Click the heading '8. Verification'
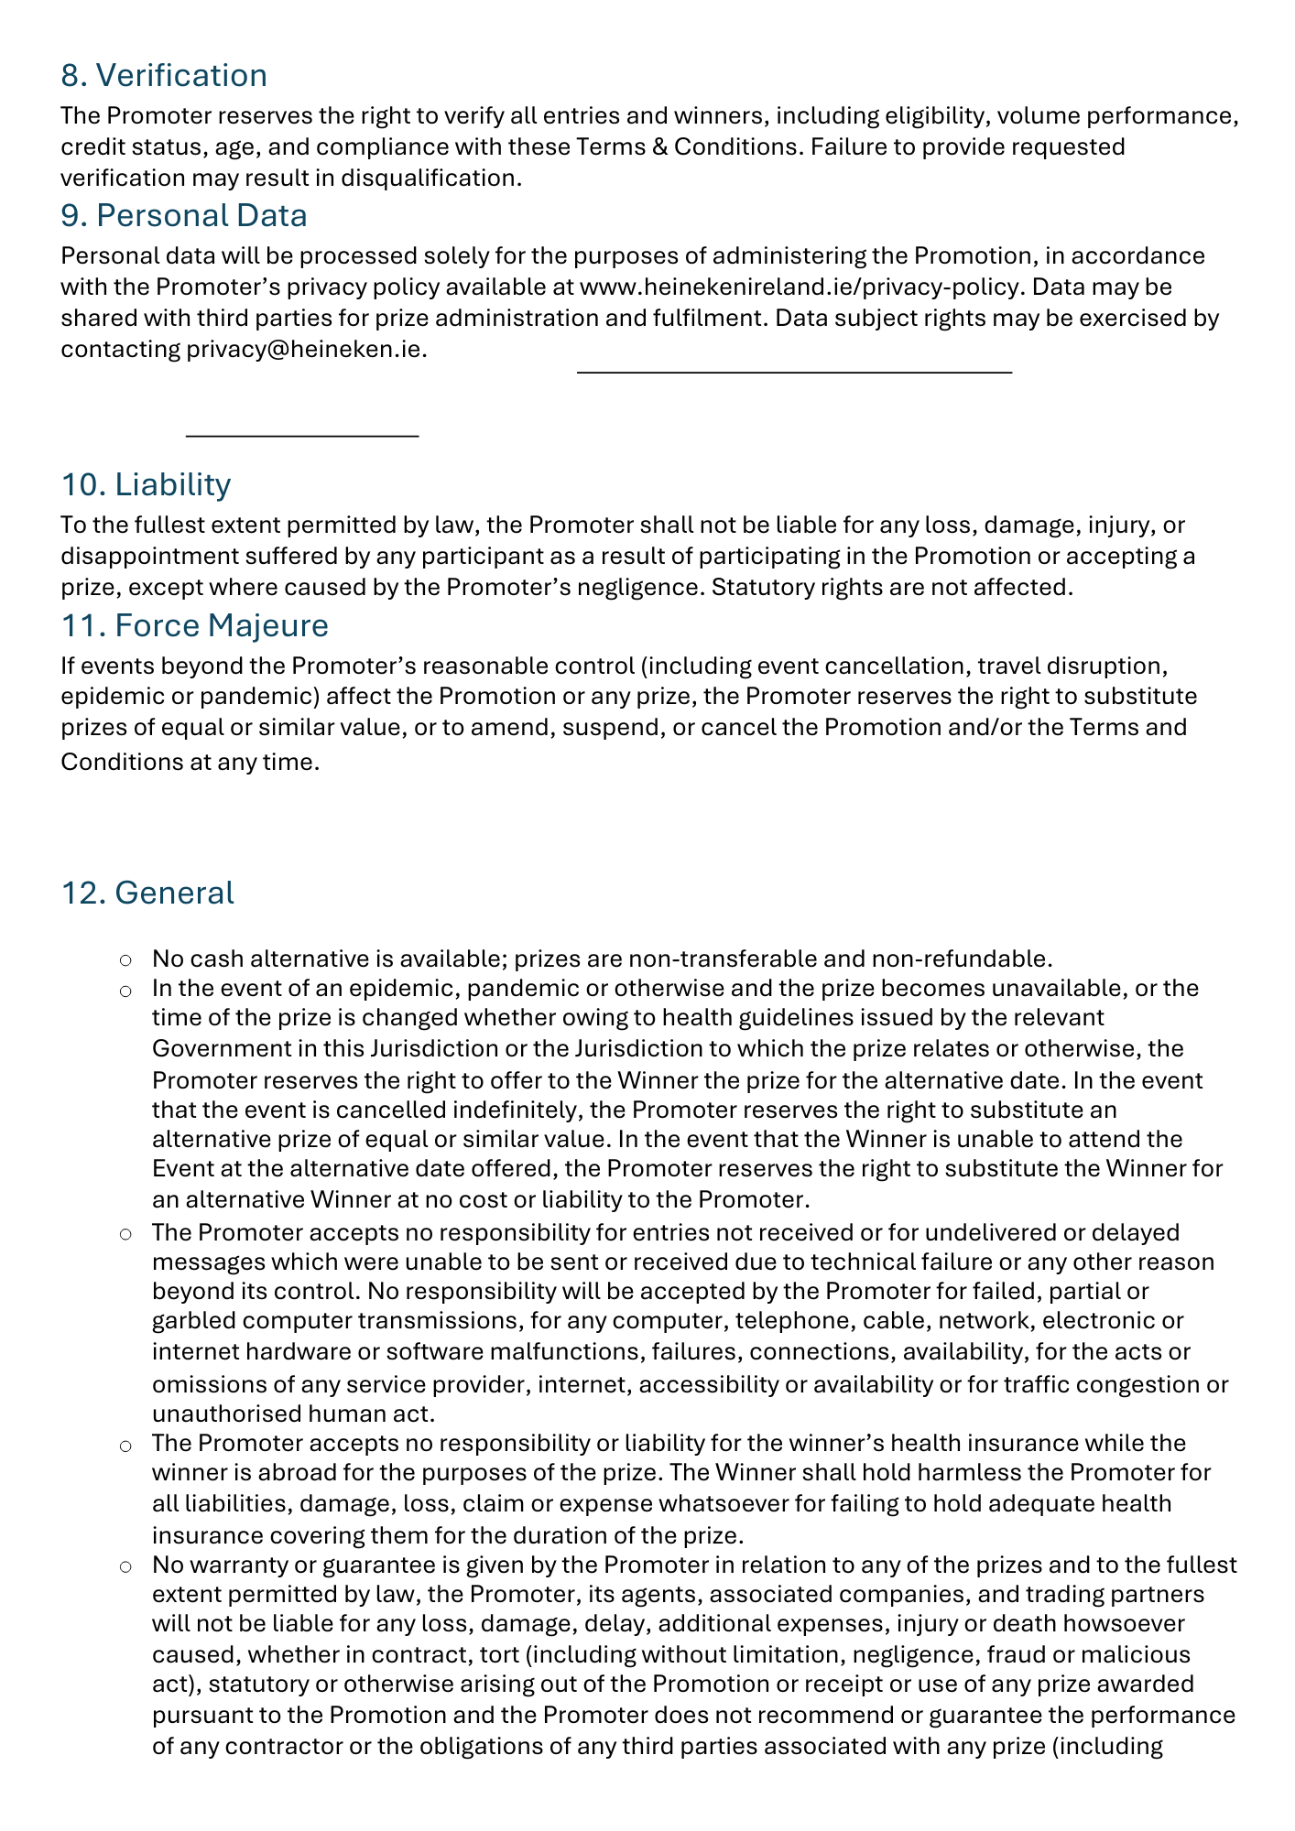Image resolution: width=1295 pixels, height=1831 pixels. pos(164,75)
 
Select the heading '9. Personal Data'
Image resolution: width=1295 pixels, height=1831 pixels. pos(183,215)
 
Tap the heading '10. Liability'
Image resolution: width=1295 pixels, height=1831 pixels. pos(146,483)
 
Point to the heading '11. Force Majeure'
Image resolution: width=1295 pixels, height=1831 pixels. pos(194,625)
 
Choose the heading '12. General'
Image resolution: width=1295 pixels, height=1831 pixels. pos(147,893)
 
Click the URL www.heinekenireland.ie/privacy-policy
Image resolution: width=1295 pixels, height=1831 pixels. pos(799,287)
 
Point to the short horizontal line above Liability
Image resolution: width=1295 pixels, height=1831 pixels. pos(302,436)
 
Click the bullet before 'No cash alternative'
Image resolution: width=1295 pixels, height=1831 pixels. pos(125,960)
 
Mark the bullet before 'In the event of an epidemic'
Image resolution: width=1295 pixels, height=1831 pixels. pos(125,991)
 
